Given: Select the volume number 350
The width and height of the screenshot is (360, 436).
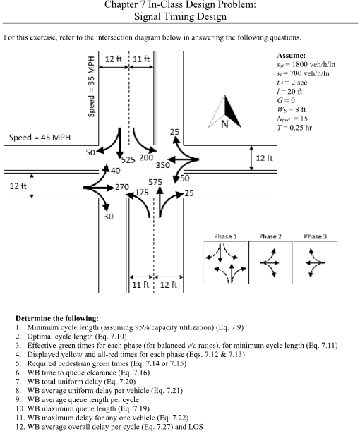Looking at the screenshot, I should click(x=162, y=164).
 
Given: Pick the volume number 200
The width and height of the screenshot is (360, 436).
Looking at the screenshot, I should click(x=146, y=157).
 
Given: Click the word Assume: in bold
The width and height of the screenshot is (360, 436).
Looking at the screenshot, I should click(x=292, y=54).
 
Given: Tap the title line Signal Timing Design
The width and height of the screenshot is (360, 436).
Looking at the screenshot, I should click(x=179, y=16).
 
